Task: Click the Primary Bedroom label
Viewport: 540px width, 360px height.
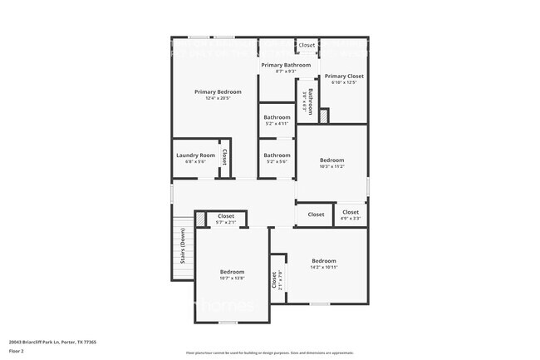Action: click(218, 91)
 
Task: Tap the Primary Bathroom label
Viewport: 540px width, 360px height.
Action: click(286, 65)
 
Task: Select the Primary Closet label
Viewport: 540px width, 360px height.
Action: click(344, 76)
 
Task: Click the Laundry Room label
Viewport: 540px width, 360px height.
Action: click(195, 155)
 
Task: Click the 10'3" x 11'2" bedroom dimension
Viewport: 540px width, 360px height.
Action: click(331, 166)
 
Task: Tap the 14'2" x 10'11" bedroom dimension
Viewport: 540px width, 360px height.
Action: click(323, 267)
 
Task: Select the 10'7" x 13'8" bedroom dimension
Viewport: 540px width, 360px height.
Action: click(232, 278)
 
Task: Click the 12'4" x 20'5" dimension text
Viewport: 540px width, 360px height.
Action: click(218, 98)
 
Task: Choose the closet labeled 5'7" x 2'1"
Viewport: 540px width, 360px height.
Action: click(226, 223)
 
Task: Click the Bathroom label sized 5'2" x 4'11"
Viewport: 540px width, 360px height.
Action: click(277, 123)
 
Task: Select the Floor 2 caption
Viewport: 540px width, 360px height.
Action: click(17, 351)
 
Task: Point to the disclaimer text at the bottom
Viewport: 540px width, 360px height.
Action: click(269, 353)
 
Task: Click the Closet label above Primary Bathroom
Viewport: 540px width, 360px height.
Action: click(307, 45)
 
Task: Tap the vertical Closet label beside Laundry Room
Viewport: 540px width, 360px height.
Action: click(223, 156)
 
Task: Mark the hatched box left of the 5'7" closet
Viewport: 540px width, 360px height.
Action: click(200, 218)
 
